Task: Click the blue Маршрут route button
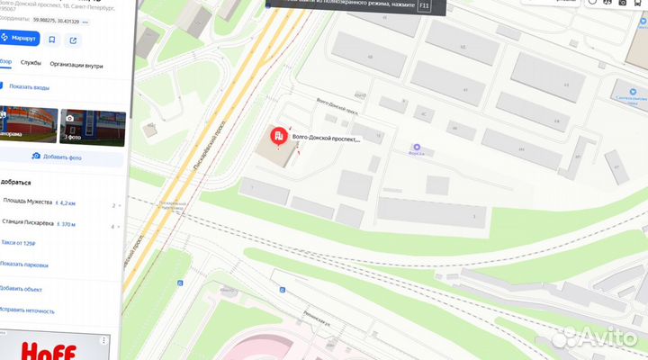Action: (19, 39)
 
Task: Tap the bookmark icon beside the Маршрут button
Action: (52, 40)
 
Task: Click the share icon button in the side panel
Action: (73, 40)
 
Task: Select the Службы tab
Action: (31, 65)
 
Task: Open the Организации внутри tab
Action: (76, 65)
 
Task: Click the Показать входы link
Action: (29, 86)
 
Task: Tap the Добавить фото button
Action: (61, 157)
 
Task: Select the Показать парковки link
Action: (24, 265)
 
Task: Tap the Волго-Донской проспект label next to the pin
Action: (327, 139)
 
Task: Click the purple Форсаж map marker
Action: (417, 147)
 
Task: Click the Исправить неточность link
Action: (27, 310)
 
